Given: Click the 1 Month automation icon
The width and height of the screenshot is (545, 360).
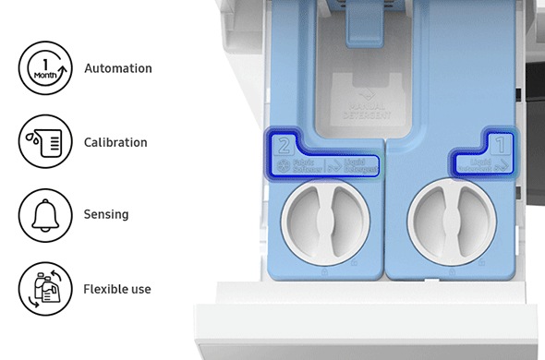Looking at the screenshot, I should click(44, 68).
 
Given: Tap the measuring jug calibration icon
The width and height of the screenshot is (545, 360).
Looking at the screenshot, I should click(44, 142).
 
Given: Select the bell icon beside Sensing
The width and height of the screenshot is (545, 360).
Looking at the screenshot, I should click(44, 215).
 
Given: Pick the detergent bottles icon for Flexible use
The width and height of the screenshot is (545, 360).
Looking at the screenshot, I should click(44, 289).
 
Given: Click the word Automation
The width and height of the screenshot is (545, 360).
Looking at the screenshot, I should click(118, 68).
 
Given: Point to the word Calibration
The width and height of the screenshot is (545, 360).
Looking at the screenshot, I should click(115, 142).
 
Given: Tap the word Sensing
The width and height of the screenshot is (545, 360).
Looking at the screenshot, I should click(106, 215).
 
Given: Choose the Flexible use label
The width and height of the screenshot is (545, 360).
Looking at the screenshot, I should click(117, 289).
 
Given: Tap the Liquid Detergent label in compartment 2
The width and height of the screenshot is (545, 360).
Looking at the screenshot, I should click(357, 167).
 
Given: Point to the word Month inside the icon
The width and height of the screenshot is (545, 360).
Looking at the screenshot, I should click(43, 75).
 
